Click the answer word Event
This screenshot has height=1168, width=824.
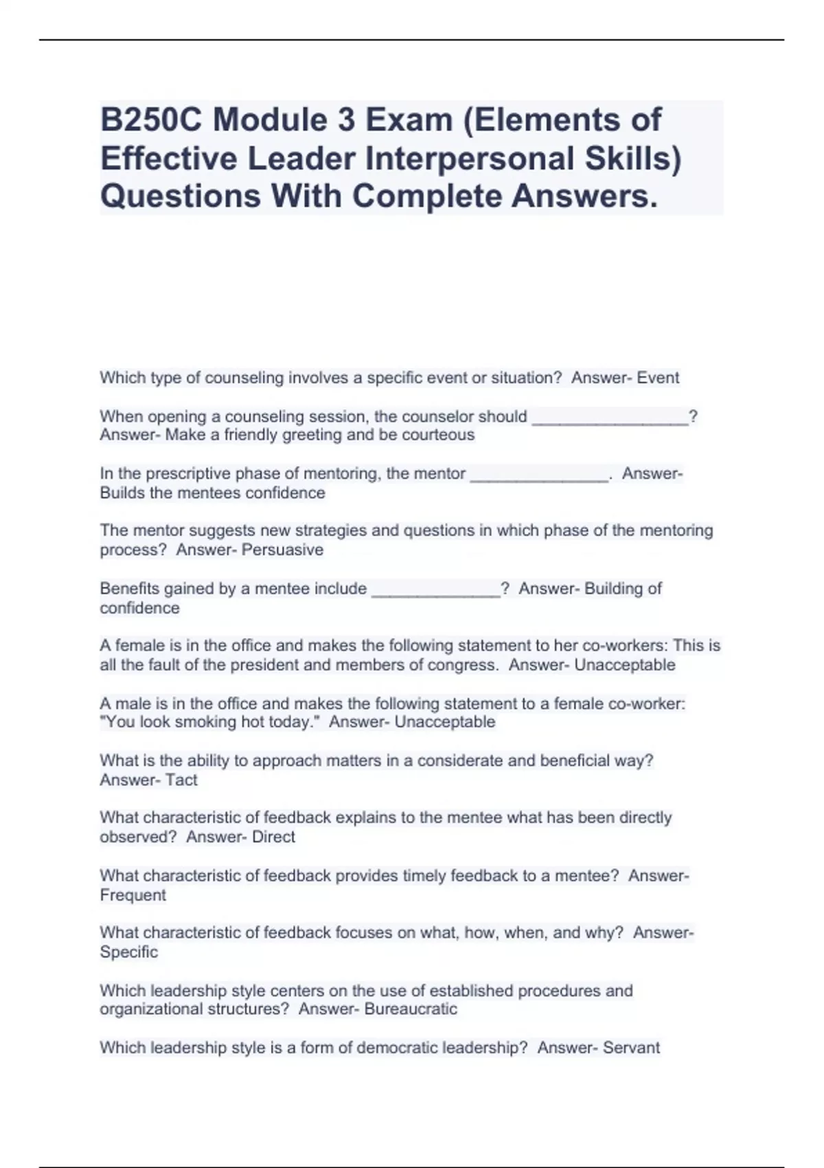pos(658,378)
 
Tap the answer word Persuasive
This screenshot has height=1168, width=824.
pos(283,550)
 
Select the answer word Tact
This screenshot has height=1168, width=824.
pos(181,780)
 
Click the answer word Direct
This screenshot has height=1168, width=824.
pos(273,837)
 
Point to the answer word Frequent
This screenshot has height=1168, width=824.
pos(133,895)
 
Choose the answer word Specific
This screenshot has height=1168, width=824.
pos(129,952)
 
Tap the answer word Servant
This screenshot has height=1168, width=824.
pos(630,1048)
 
